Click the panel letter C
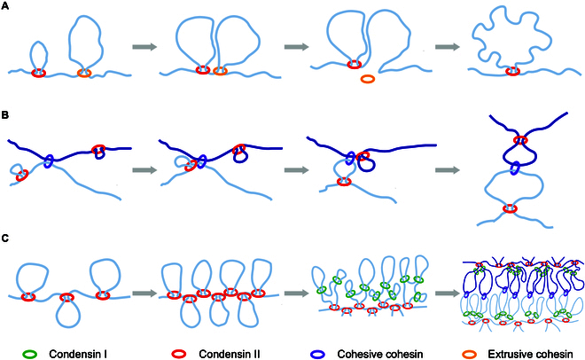[5, 237]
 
